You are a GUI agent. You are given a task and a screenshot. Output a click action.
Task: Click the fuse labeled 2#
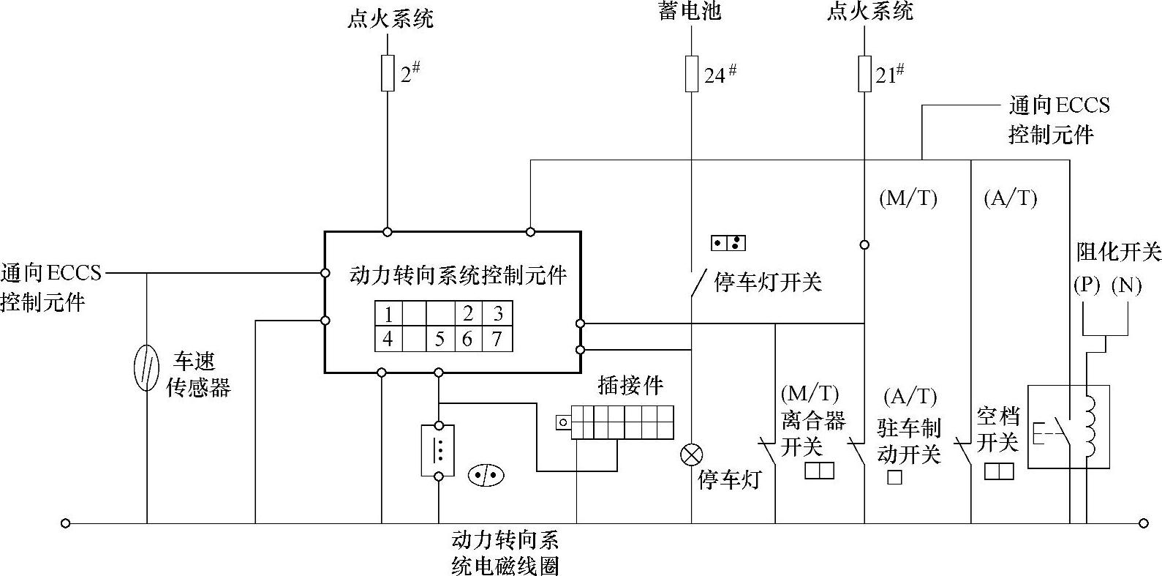pyautogui.click(x=388, y=73)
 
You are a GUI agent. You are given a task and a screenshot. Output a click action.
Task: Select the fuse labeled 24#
pyautogui.click(x=691, y=74)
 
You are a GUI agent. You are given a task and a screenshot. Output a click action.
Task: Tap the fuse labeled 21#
pyautogui.click(x=864, y=74)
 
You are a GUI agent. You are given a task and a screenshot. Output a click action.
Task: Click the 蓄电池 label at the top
pyautogui.click(x=690, y=12)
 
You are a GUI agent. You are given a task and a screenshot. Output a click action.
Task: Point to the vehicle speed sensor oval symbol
pyautogui.click(x=147, y=368)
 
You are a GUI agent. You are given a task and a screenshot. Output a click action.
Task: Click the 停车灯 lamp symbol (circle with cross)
pyautogui.click(x=691, y=455)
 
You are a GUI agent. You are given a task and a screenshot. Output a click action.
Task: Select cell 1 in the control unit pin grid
pyautogui.click(x=388, y=315)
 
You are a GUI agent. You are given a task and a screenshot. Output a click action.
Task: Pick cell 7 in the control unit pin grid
pyautogui.click(x=497, y=339)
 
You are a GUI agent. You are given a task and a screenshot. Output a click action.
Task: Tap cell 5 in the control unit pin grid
pyautogui.click(x=439, y=339)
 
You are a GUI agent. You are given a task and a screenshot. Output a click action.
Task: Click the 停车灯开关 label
pyautogui.click(x=767, y=282)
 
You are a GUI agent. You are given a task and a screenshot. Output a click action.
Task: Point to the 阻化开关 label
pyautogui.click(x=1118, y=253)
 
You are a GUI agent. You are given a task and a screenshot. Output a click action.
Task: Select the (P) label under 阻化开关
pyautogui.click(x=1087, y=285)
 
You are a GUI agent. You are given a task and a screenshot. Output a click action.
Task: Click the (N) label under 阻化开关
pyautogui.click(x=1126, y=285)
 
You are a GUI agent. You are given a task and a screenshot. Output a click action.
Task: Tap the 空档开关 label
pyautogui.click(x=997, y=430)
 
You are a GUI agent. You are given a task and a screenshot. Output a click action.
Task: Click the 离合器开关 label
pyautogui.click(x=812, y=432)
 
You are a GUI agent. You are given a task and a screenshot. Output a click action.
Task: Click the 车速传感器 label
pyautogui.click(x=197, y=374)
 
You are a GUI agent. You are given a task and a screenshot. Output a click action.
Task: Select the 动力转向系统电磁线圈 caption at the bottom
pyautogui.click(x=505, y=553)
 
